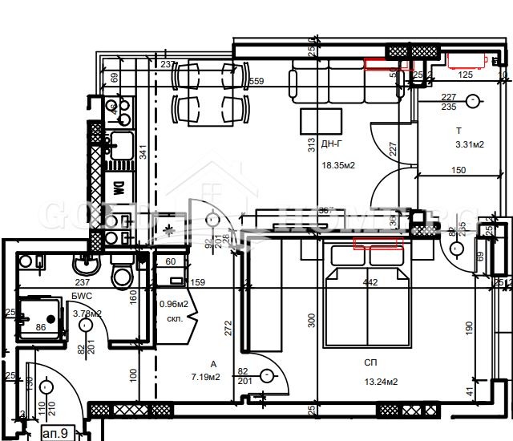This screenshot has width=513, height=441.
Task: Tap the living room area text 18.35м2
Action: coord(337,165)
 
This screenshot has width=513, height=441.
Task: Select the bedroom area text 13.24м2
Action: coord(380,382)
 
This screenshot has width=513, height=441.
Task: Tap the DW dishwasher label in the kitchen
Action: coord(117,189)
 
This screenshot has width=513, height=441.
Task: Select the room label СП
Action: coord(370,362)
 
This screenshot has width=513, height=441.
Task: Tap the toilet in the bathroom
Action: coord(122,277)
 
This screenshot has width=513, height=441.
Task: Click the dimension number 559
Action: coord(256,81)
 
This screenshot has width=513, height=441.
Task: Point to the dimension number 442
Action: coord(370,282)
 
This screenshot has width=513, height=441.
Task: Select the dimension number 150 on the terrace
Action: coord(458,170)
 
